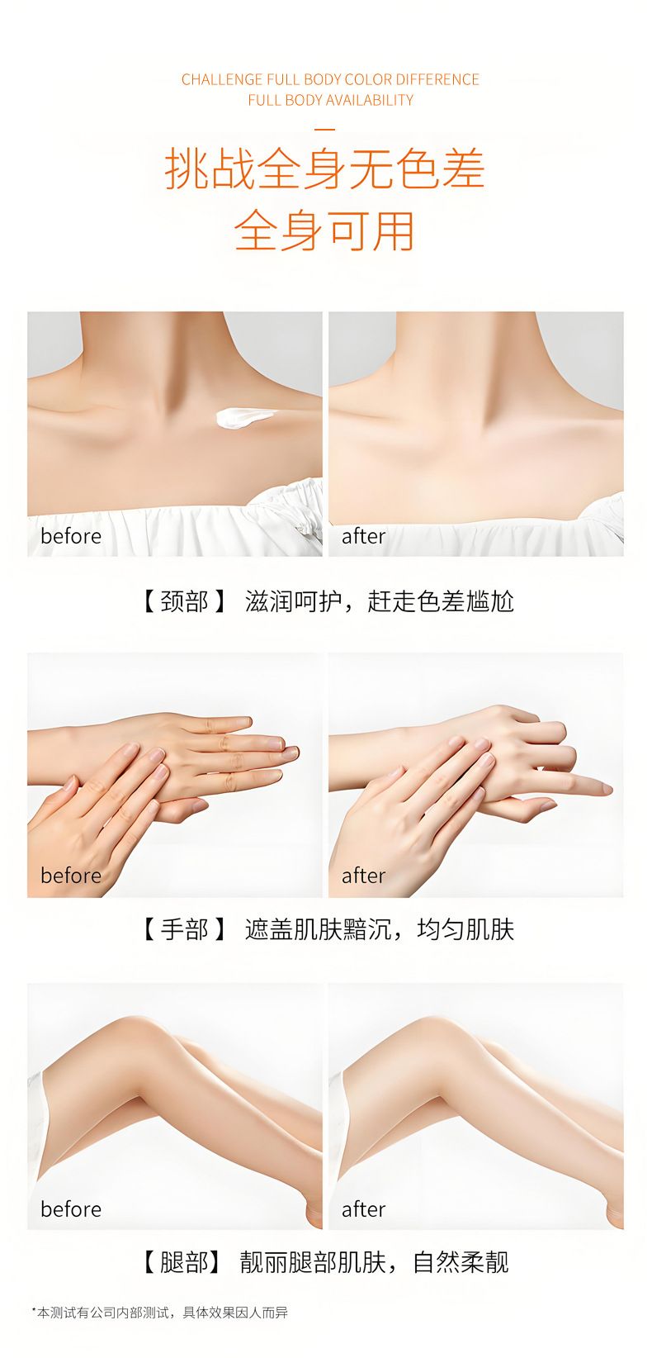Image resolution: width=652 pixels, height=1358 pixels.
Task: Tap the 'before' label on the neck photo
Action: (x=71, y=536)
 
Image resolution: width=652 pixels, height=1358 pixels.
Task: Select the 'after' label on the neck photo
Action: (x=364, y=536)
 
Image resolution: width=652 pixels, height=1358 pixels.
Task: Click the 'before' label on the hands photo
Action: (x=71, y=876)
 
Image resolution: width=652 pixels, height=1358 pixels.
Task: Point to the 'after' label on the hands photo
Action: (x=364, y=876)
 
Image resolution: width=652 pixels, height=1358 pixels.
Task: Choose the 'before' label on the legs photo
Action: (x=71, y=1208)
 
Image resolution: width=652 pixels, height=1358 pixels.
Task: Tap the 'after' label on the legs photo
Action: (x=364, y=1208)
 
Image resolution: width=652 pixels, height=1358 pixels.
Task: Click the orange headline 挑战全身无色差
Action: (x=325, y=169)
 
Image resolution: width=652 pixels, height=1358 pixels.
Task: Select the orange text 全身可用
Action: (x=325, y=230)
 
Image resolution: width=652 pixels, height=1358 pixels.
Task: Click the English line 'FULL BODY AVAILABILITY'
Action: (x=330, y=100)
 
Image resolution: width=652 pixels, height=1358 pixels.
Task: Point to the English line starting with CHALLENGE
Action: (x=330, y=79)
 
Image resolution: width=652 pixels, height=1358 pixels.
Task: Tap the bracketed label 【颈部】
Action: (x=184, y=602)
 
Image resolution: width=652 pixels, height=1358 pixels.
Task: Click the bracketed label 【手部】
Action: (x=184, y=929)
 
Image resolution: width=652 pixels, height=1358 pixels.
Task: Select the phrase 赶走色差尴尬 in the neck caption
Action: (x=441, y=602)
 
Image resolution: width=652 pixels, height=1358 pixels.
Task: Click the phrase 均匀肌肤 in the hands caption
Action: (x=465, y=929)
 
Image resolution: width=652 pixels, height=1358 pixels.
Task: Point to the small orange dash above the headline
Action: (x=326, y=129)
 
